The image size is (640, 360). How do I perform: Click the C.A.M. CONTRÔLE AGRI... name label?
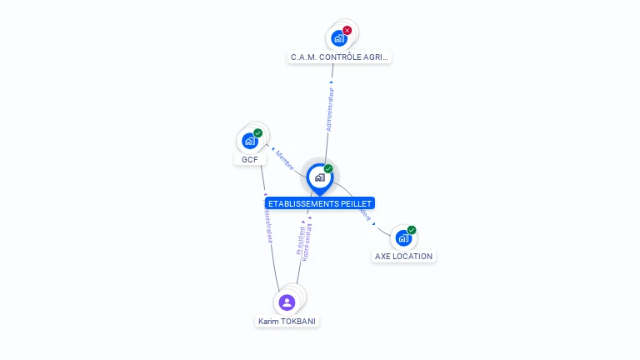pos(340,57)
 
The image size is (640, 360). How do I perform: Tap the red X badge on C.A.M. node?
pos(347,31)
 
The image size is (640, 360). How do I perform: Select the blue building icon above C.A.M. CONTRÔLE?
pos(338,38)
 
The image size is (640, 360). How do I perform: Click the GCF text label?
pos(250,159)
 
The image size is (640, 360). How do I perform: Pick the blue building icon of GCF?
pos(249,141)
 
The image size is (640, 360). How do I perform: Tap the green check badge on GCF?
pos(258,133)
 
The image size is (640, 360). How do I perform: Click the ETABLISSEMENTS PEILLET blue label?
pos(320,203)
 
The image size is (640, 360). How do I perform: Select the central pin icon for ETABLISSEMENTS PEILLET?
pos(319,177)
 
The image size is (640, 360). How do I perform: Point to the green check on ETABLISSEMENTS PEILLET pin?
pos(328,169)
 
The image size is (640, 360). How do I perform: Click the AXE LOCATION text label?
pos(404,256)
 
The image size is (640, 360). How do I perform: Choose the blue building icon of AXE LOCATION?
pos(403,238)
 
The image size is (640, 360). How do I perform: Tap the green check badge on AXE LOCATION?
pos(412,230)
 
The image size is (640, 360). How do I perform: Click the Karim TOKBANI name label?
pos(287,321)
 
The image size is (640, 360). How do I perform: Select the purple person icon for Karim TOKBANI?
pos(287,302)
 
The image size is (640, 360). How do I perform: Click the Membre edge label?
pos(285,161)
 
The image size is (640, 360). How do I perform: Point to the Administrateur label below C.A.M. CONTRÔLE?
pos(331,109)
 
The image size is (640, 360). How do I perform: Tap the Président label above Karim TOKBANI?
pos(300,238)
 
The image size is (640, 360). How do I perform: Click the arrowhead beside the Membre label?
pos(274,151)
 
